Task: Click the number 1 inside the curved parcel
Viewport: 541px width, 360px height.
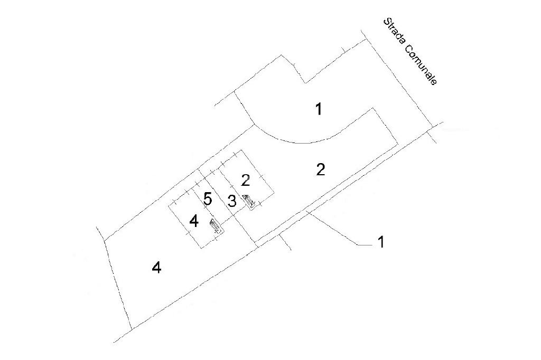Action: [319, 109]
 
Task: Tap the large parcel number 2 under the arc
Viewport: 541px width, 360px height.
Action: [320, 169]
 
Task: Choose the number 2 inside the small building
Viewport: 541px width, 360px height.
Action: [245, 180]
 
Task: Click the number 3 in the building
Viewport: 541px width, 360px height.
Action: [232, 201]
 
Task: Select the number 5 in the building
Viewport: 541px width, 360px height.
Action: [208, 199]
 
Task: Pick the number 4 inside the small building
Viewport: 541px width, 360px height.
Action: [194, 221]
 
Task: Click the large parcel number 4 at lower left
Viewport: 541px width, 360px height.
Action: [156, 268]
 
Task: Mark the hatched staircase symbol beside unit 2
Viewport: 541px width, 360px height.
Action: [249, 201]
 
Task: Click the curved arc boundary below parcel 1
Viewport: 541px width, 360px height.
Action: [301, 141]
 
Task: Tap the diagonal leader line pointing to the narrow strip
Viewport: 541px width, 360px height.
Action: [333, 228]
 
